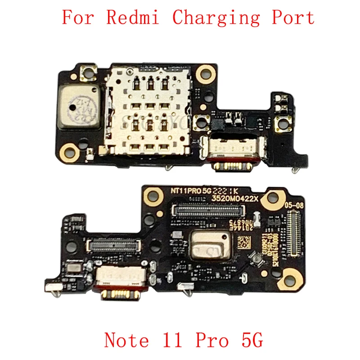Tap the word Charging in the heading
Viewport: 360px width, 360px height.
(x=216, y=18)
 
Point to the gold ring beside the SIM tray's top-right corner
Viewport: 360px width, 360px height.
(x=207, y=71)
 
